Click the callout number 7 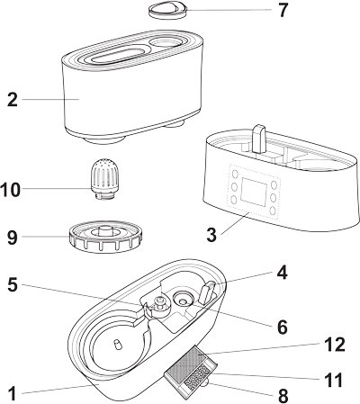(283, 11)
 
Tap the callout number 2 (13, 100)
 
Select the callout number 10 (11, 190)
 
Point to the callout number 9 (13, 238)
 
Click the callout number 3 (211, 235)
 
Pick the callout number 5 (13, 284)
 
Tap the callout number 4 (282, 273)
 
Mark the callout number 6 (283, 327)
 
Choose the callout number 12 (335, 345)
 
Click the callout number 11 (334, 381)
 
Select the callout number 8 (283, 396)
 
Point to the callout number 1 (12, 393)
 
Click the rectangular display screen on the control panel (255, 192)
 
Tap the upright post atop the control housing (259, 139)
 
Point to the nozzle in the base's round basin (117, 345)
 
